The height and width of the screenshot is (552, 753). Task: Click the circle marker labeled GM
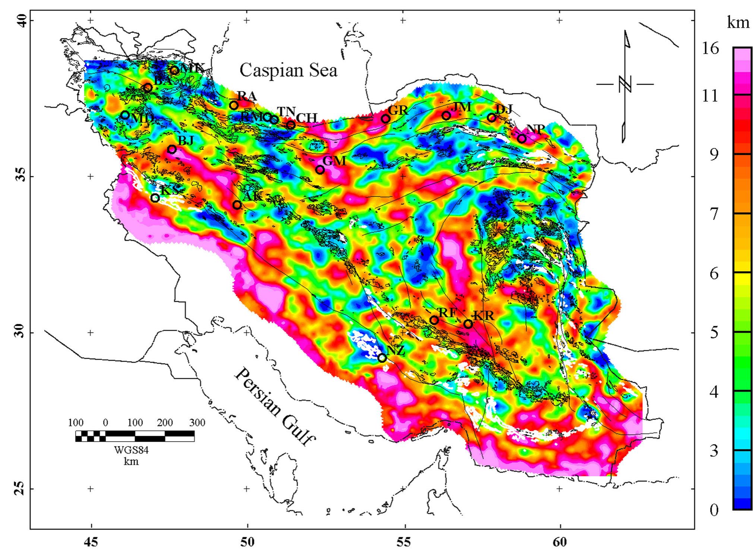320,170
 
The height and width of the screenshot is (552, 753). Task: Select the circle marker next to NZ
382,358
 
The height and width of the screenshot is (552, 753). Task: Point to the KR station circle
468,324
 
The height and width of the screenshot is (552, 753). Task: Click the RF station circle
434,320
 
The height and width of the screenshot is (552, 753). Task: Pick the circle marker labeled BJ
172,149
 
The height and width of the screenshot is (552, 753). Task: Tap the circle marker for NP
522,139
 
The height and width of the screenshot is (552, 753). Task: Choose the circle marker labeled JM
446,116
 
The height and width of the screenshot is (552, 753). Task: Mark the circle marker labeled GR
385,119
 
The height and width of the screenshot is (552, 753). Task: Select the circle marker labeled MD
125,115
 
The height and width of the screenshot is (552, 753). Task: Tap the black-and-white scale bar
135,436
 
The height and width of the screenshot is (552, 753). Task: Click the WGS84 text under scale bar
131,450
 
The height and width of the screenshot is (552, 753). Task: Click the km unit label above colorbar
738,23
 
